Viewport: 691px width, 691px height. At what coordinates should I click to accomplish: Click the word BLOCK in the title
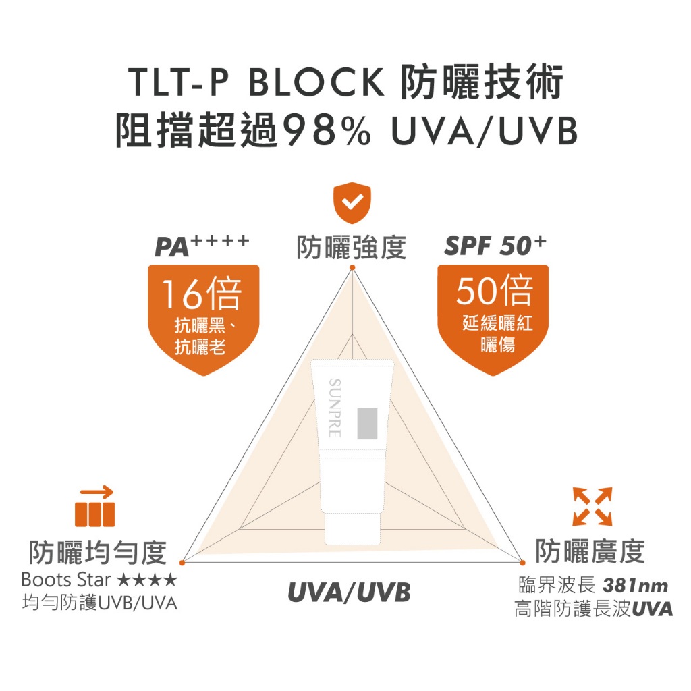pyautogui.click(x=315, y=82)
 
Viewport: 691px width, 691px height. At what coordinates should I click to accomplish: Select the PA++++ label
pyautogui.click(x=202, y=246)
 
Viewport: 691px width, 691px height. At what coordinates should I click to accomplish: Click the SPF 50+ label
pyautogui.click(x=495, y=246)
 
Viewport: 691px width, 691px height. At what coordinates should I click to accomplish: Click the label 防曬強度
pyautogui.click(x=352, y=247)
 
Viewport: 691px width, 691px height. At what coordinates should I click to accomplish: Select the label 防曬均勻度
pyautogui.click(x=97, y=553)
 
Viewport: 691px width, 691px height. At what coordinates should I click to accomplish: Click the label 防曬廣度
pyautogui.click(x=590, y=551)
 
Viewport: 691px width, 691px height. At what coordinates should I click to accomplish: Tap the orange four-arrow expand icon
pyautogui.click(x=592, y=505)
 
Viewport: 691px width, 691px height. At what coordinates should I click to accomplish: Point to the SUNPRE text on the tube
pyautogui.click(x=334, y=407)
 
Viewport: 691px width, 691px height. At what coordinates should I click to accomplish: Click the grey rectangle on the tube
pyautogui.click(x=368, y=423)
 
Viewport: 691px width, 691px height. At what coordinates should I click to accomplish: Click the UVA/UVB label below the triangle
pyautogui.click(x=349, y=592)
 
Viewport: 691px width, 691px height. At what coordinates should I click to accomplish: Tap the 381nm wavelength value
pyautogui.click(x=636, y=584)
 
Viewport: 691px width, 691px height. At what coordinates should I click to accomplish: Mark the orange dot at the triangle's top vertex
pyautogui.click(x=352, y=268)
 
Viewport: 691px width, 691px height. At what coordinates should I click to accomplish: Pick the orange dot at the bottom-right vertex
pyautogui.click(x=522, y=561)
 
